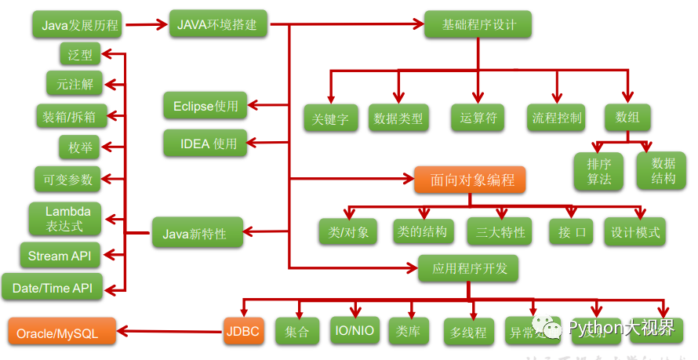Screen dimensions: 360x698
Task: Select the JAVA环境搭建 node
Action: point(219,24)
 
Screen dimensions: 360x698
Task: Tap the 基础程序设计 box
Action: point(478,24)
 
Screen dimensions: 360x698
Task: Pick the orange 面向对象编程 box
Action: point(468,180)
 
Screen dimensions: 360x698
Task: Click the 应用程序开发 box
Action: point(469,268)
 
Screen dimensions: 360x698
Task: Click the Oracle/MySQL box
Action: point(61,333)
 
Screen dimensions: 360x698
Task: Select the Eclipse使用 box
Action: point(205,106)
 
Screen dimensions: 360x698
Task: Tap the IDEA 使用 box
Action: point(205,144)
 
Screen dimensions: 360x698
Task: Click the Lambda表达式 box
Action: point(67,220)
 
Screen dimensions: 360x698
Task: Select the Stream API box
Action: point(60,256)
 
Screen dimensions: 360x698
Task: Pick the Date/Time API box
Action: point(53,288)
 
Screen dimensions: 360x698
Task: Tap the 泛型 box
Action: point(80,54)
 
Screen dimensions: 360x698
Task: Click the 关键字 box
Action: point(330,118)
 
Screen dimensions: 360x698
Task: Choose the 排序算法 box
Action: point(599,171)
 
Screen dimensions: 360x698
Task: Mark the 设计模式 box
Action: point(634,232)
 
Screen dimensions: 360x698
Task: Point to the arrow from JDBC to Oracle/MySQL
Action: point(168,331)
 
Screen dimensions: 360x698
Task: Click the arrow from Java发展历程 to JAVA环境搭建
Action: point(146,25)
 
